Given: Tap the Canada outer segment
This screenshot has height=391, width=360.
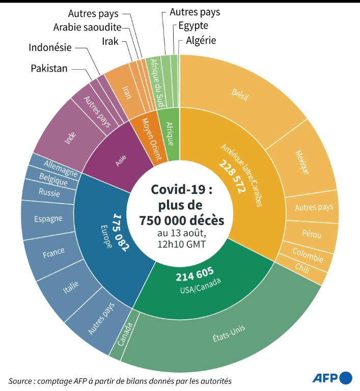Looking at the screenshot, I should [x=124, y=334].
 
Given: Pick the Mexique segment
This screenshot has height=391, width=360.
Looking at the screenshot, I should [x=301, y=161].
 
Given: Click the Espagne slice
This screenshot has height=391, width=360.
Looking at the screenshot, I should [x=48, y=219].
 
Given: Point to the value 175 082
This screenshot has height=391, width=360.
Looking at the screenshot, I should [x=121, y=232].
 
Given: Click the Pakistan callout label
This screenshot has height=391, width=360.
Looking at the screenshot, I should [x=49, y=68].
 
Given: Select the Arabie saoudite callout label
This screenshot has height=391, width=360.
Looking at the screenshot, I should [x=87, y=27].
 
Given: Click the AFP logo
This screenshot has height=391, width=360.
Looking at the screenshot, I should [x=331, y=378].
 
